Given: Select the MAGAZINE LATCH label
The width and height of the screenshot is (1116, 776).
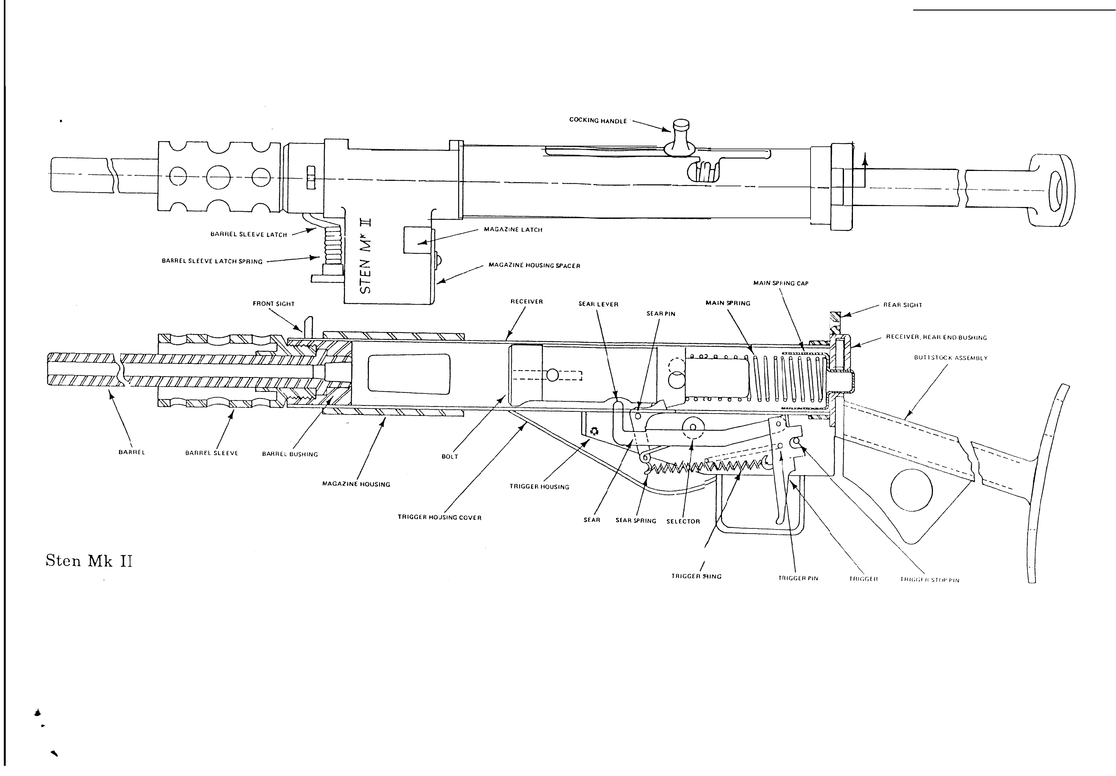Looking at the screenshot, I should pos(513,230).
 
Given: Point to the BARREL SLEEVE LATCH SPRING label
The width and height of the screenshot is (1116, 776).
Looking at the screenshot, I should pos(212,261).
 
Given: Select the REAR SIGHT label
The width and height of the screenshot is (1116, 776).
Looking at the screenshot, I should pos(903,305).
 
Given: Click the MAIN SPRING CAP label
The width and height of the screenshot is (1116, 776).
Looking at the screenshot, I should pos(781,283).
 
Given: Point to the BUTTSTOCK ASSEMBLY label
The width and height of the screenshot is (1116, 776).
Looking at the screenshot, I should pos(951,358).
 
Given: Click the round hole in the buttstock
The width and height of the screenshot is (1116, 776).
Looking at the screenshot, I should pos(911,490).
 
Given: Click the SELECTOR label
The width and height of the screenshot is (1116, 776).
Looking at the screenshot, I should pos(683,521).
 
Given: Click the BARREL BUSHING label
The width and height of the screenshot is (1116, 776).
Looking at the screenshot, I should pos(290,454).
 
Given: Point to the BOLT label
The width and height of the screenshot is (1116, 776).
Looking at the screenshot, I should pos(450,456).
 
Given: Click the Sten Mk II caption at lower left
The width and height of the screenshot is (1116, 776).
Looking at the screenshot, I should pos(89,561).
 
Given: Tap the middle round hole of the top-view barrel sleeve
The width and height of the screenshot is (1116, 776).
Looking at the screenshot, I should pos(218,177).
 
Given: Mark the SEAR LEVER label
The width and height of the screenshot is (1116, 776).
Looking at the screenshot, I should pos(598,304).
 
